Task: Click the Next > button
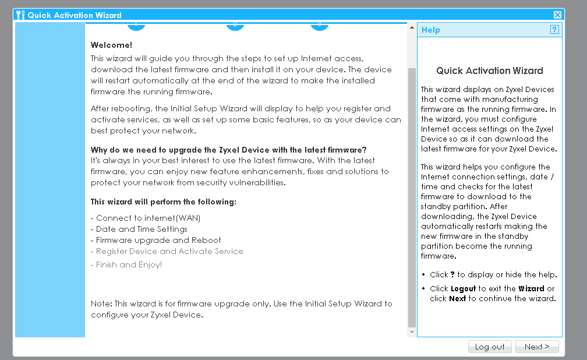[536, 347]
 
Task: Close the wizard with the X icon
[557, 15]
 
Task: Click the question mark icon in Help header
[554, 30]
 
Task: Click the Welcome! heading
[111, 45]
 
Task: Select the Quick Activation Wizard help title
[489, 70]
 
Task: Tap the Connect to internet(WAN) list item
[148, 218]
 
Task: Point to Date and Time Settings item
[142, 229]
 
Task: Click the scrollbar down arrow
[412, 332]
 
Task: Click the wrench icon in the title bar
[20, 15]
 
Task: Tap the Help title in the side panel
[431, 30]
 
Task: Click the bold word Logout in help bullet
[464, 288]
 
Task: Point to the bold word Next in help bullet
[457, 299]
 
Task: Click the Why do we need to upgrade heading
[228, 150]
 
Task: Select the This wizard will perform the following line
[163, 202]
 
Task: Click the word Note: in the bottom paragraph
[101, 303]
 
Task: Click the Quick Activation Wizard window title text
[75, 15]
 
